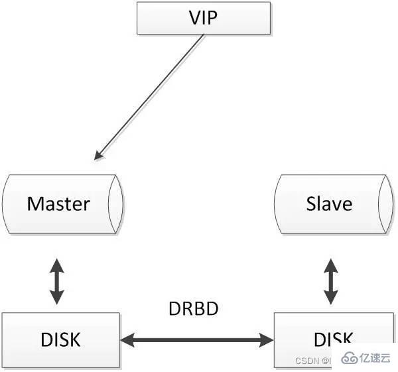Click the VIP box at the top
pyautogui.click(x=204, y=17)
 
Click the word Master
pyautogui.click(x=58, y=204)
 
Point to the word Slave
pyautogui.click(x=329, y=204)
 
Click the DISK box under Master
pyautogui.click(x=60, y=340)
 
